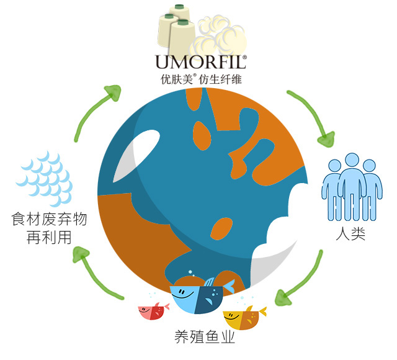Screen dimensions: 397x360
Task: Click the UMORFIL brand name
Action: coord(201,62)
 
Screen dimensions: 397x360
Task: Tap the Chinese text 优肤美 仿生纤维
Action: coord(201,79)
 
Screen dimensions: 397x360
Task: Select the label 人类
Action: coord(350,233)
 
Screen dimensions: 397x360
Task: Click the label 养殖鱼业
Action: coord(205,337)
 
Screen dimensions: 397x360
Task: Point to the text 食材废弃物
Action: coord(49,219)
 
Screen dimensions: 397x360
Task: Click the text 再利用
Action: coord(49,237)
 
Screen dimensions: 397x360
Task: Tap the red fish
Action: coord(153,311)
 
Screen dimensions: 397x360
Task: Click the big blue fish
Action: coord(201,297)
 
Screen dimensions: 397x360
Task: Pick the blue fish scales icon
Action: coord(45,179)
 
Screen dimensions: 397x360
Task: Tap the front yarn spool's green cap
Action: coord(183,22)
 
